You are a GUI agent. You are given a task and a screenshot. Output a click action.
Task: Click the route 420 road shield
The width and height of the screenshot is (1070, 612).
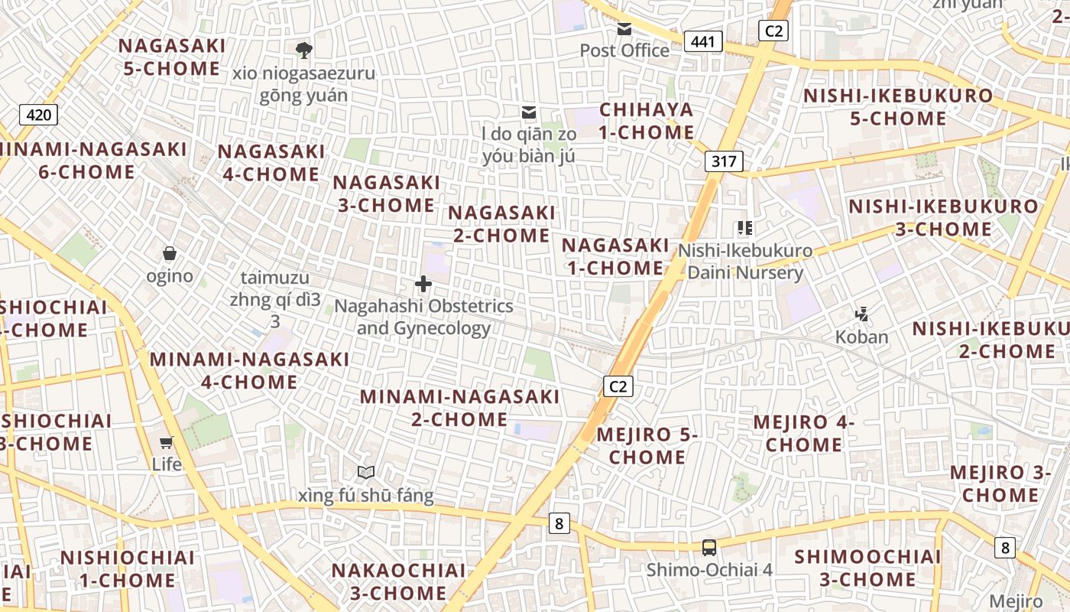coord(38,116)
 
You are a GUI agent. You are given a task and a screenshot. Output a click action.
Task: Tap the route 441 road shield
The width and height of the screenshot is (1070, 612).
coord(703,41)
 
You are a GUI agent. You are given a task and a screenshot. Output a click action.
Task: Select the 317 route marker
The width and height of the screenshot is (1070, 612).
coord(723,161)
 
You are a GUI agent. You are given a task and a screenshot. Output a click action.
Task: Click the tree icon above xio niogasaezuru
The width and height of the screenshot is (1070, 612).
coord(304,50)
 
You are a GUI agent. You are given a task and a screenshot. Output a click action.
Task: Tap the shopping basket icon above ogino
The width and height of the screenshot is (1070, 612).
coord(170,253)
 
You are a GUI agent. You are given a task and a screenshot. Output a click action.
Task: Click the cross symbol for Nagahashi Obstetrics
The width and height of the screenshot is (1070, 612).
coord(423,285)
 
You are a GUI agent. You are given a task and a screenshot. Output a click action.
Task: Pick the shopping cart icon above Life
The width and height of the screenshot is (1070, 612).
coord(166,441)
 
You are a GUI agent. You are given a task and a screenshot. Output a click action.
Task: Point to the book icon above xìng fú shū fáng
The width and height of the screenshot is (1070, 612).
coord(366,473)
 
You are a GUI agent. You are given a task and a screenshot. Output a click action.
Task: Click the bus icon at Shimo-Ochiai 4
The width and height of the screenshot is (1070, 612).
coord(709,547)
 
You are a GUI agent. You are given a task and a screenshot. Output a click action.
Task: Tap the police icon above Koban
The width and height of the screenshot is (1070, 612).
coord(862,314)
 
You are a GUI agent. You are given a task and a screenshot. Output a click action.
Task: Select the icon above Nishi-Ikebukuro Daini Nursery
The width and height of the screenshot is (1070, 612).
coord(745,227)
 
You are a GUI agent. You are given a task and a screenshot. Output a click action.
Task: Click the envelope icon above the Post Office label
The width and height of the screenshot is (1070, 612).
coord(624,29)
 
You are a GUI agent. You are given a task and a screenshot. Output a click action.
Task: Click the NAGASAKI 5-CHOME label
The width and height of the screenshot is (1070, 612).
coord(172,57)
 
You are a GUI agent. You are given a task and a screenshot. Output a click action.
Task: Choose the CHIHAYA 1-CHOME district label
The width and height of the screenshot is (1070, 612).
coord(647,121)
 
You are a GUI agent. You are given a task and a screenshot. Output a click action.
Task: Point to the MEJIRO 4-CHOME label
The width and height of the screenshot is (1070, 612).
coord(804,433)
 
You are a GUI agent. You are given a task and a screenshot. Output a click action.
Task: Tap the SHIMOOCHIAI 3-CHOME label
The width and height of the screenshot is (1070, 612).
coord(867,568)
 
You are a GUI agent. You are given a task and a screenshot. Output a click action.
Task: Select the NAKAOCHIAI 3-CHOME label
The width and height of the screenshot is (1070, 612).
coord(398,581)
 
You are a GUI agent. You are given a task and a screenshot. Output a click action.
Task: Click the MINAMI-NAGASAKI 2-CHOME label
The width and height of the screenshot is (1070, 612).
coord(460,408)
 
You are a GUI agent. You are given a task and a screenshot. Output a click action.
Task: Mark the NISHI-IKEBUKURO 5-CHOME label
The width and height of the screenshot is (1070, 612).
coord(898,107)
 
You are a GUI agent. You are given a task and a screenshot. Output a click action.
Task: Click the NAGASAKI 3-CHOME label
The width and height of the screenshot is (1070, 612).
coord(387,194)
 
